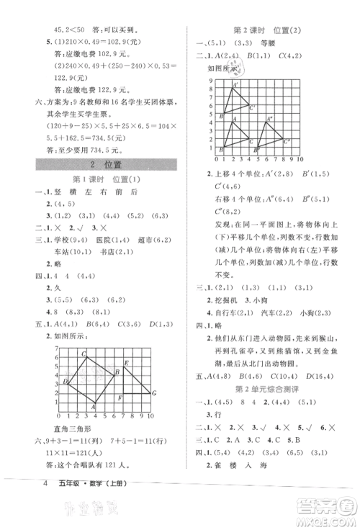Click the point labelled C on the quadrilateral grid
tap(84, 353)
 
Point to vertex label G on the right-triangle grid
tap(153, 392)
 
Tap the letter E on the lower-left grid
tap(126, 363)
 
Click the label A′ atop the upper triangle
tap(235, 85)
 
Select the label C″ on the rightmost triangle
tap(287, 141)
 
